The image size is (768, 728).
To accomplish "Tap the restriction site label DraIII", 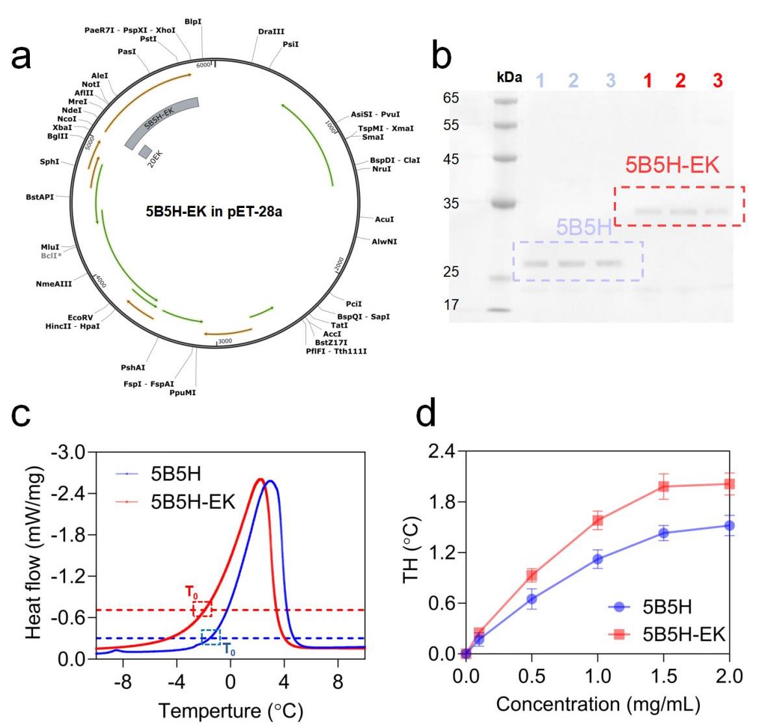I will point(271,31).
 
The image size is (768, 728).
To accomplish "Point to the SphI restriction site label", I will point(49,161).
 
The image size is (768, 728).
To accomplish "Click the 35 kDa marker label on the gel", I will point(451,203).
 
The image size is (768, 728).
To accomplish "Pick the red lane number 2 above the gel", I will point(680,81).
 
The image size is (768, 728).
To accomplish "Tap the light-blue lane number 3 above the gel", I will point(610,81).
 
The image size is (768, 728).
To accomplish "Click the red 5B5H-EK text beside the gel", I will point(672,165).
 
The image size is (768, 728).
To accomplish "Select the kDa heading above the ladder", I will point(509,77).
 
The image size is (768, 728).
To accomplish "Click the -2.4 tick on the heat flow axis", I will point(67,494).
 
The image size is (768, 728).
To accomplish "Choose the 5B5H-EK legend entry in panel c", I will point(193,502).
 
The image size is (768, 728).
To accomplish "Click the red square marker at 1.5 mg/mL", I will point(663,486).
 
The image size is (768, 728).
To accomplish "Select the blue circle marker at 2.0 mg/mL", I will point(729,525).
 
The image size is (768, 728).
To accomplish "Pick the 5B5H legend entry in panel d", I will point(667,607).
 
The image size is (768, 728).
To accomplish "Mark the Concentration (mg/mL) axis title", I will point(598,704).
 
